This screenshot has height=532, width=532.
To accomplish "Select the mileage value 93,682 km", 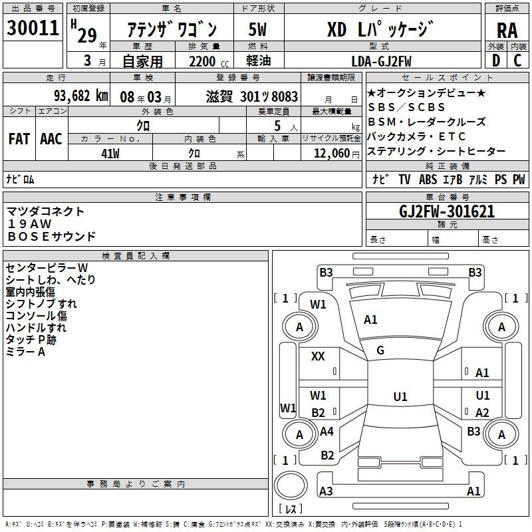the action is pyautogui.click(x=80, y=96).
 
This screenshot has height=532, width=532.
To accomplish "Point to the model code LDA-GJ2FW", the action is pyautogui.click(x=381, y=61).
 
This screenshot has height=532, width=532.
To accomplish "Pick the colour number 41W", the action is pyautogui.click(x=110, y=152).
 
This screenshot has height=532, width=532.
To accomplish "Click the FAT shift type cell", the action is pyautogui.click(x=19, y=139).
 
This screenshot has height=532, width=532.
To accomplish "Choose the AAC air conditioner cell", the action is pyautogui.click(x=51, y=139).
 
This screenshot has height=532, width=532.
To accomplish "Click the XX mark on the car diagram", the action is pyautogui.click(x=318, y=356).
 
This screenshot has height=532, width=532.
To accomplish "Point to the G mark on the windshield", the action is pyautogui.click(x=380, y=350).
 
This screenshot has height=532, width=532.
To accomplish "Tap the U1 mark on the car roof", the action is pyautogui.click(x=400, y=396).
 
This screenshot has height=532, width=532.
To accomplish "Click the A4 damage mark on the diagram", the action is pyautogui.click(x=327, y=432).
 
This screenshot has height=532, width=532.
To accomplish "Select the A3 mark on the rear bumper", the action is pyautogui.click(x=326, y=491).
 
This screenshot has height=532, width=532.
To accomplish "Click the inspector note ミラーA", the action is pyautogui.click(x=25, y=352).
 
